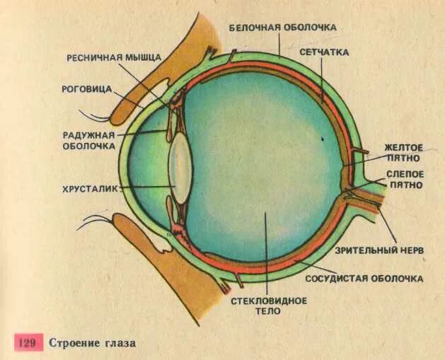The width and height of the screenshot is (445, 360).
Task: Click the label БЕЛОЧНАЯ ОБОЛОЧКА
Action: click(x=282, y=28)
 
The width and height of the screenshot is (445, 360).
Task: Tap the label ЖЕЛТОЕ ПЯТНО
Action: click(x=403, y=152)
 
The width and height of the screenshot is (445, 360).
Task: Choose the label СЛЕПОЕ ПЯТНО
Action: click(x=405, y=180)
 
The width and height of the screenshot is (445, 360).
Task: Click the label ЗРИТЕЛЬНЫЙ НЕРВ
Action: click(x=378, y=250)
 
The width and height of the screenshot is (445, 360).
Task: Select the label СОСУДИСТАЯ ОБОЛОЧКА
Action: click(x=364, y=278)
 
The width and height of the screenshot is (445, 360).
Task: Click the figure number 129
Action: click(x=28, y=343)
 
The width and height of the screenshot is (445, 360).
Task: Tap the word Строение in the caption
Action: click(x=73, y=344)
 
